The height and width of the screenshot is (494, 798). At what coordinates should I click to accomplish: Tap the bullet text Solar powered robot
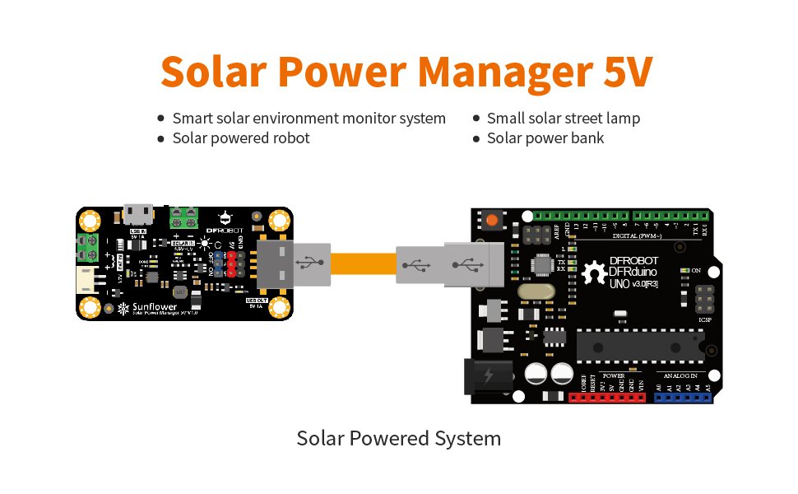coord(241,138)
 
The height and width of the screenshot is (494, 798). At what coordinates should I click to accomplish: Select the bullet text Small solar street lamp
coord(564,119)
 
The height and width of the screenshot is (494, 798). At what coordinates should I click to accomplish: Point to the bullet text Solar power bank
coord(545,138)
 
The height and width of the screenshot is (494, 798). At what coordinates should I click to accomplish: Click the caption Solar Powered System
coord(398,438)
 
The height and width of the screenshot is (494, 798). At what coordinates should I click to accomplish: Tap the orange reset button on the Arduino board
coord(492,221)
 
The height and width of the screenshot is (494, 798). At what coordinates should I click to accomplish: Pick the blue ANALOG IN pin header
coord(684,397)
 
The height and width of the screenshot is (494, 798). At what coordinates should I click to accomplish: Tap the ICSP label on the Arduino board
coord(704,319)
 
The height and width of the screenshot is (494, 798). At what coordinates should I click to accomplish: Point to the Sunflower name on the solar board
coord(154,306)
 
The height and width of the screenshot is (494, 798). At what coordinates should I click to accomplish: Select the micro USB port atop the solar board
coord(137,215)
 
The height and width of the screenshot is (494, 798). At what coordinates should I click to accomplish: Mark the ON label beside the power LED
coord(695,270)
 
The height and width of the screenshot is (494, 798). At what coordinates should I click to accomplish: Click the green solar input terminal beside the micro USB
coord(184,218)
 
